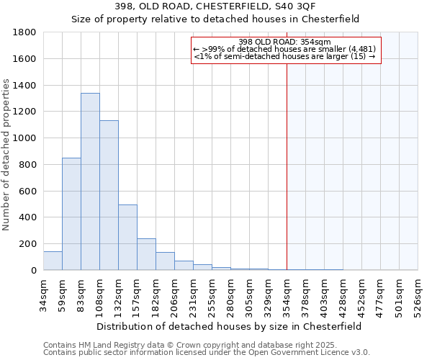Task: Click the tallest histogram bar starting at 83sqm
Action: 90,181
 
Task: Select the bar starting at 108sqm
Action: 109,195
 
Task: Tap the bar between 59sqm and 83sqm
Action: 71,214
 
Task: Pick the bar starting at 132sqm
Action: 127,238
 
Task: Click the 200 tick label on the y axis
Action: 28,244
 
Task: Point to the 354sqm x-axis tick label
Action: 287,295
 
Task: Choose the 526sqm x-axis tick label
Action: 418,295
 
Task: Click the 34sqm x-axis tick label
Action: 43,295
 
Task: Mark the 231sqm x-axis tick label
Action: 193,295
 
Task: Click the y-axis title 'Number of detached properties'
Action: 6,155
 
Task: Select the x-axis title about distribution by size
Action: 230,326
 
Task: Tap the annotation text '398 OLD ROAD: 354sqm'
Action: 284,42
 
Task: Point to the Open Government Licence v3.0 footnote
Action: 207,353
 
